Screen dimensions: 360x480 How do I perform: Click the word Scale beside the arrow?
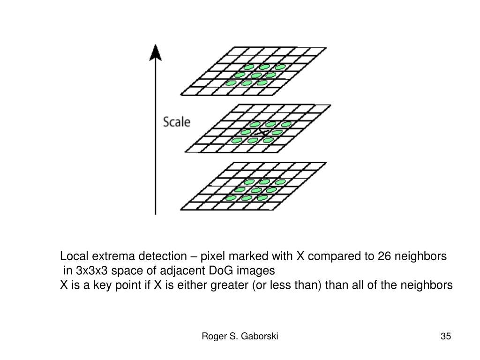pyautogui.click(x=177, y=122)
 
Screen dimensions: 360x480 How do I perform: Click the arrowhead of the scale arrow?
pyautogui.click(x=155, y=51)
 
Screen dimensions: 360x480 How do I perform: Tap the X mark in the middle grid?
pyautogui.click(x=263, y=133)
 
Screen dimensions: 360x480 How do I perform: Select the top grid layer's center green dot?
pyautogui.click(x=256, y=75)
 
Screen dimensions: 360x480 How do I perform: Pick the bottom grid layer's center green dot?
pyautogui.click(x=256, y=190)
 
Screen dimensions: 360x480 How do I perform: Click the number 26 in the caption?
pyautogui.click(x=384, y=256)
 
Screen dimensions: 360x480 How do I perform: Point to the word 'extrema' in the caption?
pyautogui.click(x=111, y=256)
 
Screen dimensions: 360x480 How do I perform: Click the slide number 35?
pyautogui.click(x=445, y=336)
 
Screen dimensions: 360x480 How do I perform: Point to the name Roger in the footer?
pyautogui.click(x=213, y=336)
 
